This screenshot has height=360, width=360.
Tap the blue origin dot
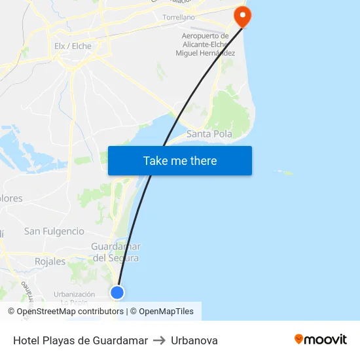[x=117, y=292]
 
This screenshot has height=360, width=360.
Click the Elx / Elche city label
[x=73, y=46]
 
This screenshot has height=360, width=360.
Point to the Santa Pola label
[x=209, y=134]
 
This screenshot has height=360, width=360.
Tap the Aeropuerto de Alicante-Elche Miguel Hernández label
[x=205, y=44]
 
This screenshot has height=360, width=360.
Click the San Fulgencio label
[x=54, y=231]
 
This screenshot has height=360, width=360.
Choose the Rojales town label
[x=50, y=261]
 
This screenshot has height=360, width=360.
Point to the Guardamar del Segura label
[x=116, y=252]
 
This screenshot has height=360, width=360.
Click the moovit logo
[x=321, y=340]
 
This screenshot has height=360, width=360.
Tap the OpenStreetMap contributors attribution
[x=65, y=312]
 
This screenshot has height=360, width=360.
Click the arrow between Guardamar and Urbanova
[x=159, y=340]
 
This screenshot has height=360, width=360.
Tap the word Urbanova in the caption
[x=194, y=340]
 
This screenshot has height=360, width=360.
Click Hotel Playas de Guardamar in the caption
[x=81, y=340]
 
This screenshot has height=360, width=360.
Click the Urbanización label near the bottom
[x=74, y=295]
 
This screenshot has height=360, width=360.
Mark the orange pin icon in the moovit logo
[x=299, y=339]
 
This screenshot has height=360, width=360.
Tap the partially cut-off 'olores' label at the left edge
[x=11, y=198]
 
